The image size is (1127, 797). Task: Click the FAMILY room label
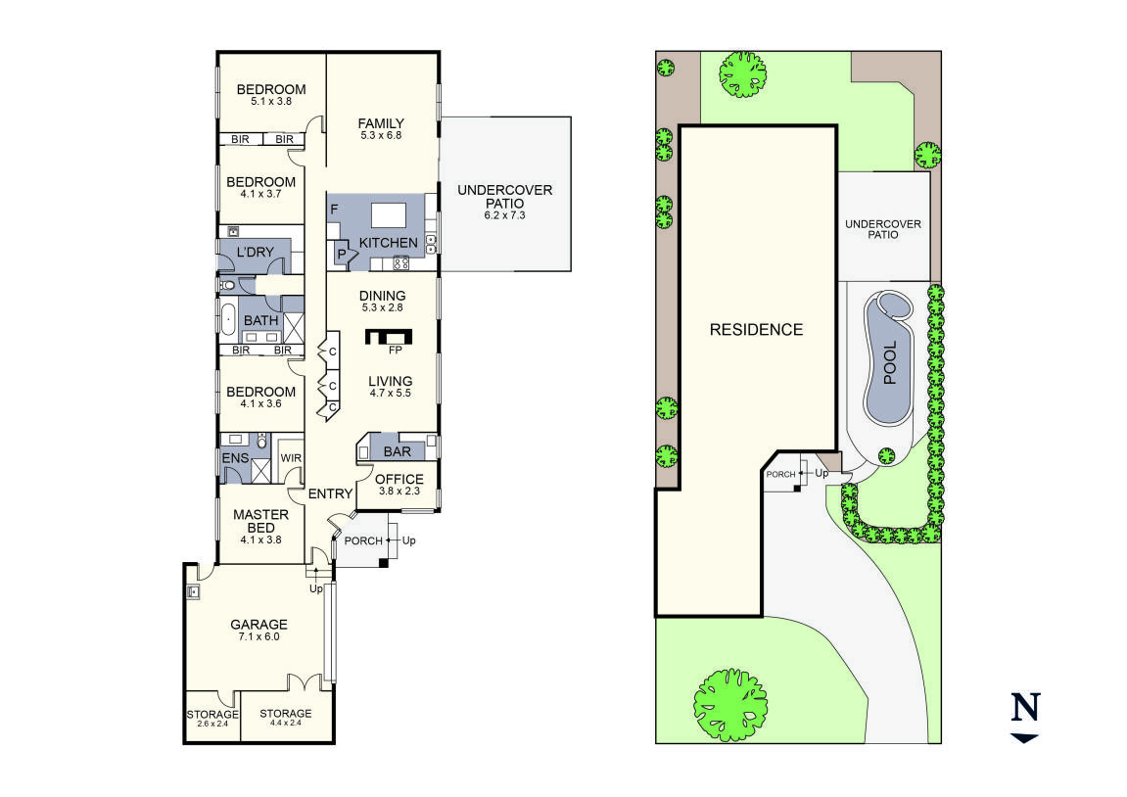tap(381, 123)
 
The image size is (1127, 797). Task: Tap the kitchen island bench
tap(388, 215)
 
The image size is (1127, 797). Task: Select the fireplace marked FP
tap(389, 336)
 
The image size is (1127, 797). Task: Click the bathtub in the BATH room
tap(228, 319)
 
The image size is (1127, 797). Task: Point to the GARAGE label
tap(258, 625)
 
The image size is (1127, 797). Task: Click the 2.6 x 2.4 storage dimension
tap(212, 724)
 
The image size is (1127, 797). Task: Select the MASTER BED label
tap(260, 521)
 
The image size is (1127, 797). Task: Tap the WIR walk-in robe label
tap(291, 458)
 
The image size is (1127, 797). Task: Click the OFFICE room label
tap(399, 480)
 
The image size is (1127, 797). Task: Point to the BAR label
tap(398, 451)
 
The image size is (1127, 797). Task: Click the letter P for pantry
tap(342, 255)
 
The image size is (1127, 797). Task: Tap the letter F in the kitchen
tap(334, 210)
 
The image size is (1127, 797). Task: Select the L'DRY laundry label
tap(256, 253)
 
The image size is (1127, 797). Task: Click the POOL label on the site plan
tap(890, 363)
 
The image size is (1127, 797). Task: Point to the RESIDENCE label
tap(756, 330)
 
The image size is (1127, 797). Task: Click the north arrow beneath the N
tap(1024, 738)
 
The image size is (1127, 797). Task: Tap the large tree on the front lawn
tap(730, 704)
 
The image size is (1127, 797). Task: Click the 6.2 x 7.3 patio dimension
tap(504, 215)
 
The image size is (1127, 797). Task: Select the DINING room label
tap(383, 296)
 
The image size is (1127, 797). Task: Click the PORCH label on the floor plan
tap(363, 541)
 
